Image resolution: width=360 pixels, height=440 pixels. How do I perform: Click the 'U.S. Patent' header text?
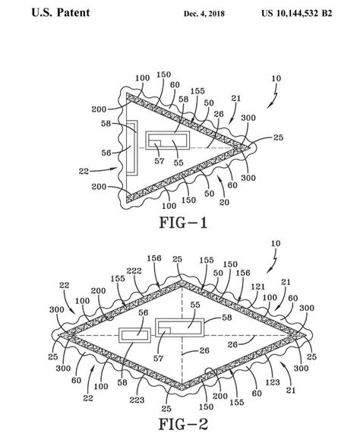(x=61, y=13)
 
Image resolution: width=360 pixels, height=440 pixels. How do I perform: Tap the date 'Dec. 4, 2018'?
(x=204, y=14)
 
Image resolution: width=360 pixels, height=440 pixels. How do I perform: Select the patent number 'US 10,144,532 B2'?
(x=297, y=13)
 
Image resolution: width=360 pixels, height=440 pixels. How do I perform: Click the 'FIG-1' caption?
(x=183, y=223)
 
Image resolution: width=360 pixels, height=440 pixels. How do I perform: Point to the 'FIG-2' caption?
(x=183, y=424)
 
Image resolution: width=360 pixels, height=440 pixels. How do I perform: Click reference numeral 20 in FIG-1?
(x=224, y=202)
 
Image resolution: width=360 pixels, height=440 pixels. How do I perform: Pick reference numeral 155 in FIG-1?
(x=197, y=91)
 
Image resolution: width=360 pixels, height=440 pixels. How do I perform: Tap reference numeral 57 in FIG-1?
(x=159, y=161)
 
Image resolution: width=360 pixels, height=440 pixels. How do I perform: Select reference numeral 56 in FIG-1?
(x=106, y=153)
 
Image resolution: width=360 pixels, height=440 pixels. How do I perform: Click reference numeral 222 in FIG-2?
(x=134, y=271)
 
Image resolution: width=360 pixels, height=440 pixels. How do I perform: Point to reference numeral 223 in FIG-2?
(x=137, y=400)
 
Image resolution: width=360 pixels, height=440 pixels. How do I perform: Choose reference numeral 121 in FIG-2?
(x=258, y=286)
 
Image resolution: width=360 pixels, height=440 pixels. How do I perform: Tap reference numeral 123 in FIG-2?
(x=273, y=382)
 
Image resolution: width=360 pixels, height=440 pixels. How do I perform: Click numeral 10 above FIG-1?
(x=276, y=78)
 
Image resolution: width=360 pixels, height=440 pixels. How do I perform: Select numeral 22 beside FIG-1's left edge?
(x=84, y=171)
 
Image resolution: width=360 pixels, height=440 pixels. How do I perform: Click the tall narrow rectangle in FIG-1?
(x=132, y=148)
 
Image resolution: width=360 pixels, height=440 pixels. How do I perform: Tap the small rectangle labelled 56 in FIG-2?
(x=135, y=335)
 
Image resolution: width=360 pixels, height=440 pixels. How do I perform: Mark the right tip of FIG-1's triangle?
(x=250, y=147)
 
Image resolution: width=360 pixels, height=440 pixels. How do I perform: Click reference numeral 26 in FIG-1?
(x=219, y=114)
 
